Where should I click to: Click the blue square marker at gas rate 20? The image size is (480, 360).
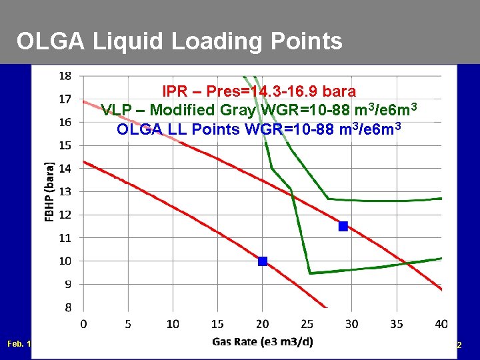pos(263,261)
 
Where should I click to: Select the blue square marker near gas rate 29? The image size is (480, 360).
pos(343,226)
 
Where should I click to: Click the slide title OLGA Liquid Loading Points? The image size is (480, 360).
pos(179,41)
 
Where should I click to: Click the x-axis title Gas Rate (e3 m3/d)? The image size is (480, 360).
pos(262,342)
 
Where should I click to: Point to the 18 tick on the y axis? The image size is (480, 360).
pos(65,76)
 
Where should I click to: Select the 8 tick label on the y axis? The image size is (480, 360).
pos(67,307)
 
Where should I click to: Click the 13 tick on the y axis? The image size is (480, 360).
pos(65,191)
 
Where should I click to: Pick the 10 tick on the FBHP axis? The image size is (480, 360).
pos(65,261)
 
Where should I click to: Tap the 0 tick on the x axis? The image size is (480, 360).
pos(83,324)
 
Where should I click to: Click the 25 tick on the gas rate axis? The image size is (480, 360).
pos(307,324)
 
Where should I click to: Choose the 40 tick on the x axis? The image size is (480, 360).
pos(441,324)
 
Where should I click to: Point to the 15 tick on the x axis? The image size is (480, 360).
pos(217,324)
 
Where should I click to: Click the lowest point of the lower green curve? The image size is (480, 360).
pos(310,273)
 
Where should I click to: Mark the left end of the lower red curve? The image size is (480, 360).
pos(83,161)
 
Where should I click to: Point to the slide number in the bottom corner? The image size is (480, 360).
pos(459,345)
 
